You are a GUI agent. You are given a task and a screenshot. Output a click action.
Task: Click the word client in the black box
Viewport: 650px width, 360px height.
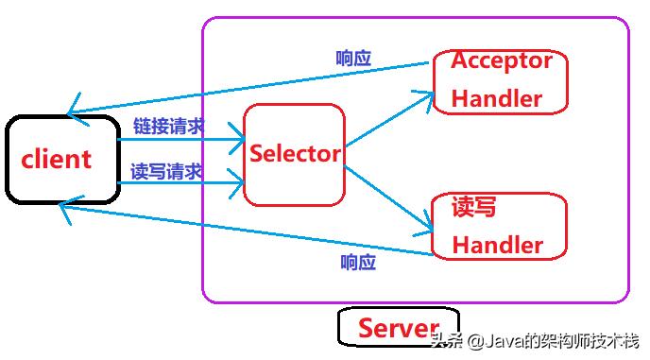(57, 159)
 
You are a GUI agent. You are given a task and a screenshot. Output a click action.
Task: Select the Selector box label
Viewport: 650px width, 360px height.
(295, 153)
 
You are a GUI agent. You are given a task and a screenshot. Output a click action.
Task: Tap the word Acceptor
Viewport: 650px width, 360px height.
(501, 60)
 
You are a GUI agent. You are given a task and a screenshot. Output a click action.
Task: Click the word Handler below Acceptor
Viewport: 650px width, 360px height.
(497, 98)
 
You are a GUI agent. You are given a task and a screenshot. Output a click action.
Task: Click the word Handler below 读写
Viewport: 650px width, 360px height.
(497, 245)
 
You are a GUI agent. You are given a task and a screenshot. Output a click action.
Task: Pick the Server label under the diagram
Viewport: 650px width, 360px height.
(399, 329)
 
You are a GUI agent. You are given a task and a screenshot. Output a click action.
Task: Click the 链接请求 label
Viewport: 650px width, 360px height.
(168, 126)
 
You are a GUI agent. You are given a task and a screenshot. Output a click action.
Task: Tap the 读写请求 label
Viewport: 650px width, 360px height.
(166, 171)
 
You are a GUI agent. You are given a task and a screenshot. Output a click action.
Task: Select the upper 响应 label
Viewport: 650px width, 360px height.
(353, 58)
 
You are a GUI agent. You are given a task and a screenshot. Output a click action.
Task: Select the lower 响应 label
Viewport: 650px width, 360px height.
(358, 262)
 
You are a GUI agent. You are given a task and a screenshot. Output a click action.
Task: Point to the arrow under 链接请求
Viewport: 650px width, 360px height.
(180, 140)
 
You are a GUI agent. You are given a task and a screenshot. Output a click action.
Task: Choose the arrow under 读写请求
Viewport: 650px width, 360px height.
(180, 183)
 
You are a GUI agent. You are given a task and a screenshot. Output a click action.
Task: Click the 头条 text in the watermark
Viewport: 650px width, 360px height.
(445, 341)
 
